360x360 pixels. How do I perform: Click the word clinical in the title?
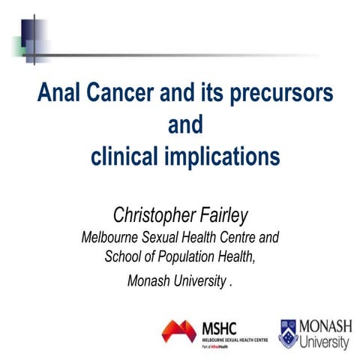[x=130, y=156]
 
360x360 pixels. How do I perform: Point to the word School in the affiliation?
[x=123, y=259]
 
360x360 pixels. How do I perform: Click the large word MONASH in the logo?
[x=325, y=325]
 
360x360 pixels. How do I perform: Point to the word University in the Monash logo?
[x=325, y=341]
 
